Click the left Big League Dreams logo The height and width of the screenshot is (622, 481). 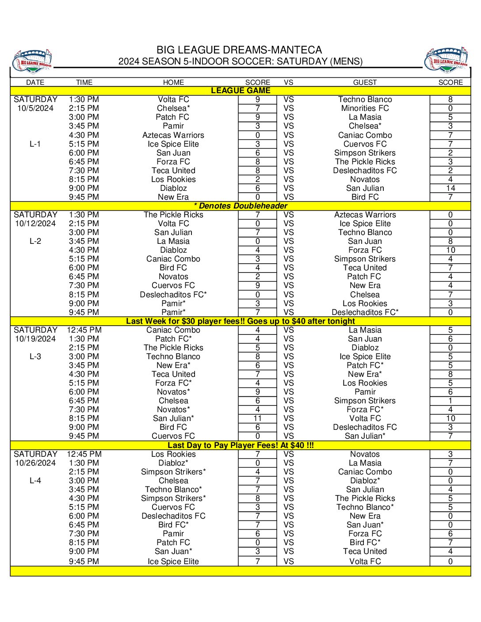(32, 61)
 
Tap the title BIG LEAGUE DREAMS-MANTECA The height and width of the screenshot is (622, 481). (239, 50)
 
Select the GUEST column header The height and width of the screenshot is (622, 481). (365, 82)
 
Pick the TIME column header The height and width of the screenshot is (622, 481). (84, 82)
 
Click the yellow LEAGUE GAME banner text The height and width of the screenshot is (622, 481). (240, 91)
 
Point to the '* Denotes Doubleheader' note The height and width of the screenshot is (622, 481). (240, 206)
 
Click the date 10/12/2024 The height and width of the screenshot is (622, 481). (35, 224)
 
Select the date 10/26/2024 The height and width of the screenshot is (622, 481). (35, 463)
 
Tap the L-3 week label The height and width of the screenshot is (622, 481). (35, 357)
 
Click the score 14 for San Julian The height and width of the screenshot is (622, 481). (450, 188)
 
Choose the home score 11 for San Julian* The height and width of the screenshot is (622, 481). (257, 418)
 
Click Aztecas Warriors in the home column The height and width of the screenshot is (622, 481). (173, 135)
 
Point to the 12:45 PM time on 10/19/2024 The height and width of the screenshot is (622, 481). (84, 330)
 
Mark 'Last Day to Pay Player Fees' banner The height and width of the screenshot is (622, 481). (240, 445)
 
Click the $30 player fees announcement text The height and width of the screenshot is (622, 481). (240, 321)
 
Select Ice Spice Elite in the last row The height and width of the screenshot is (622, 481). (173, 561)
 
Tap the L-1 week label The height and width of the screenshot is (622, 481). (35, 144)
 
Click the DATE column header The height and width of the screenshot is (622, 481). (35, 82)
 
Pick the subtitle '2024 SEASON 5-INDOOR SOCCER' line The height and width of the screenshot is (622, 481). (240, 61)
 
